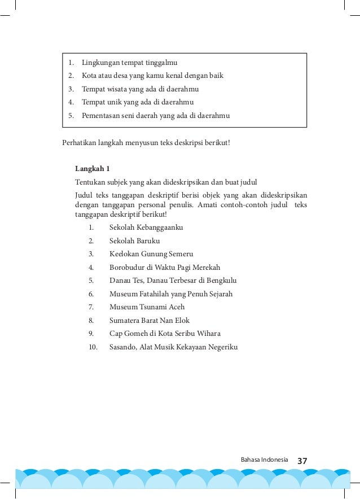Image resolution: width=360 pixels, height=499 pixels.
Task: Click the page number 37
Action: point(302,461)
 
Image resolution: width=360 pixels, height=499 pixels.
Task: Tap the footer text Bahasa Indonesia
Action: point(264,460)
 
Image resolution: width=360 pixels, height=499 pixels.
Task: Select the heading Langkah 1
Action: point(93,169)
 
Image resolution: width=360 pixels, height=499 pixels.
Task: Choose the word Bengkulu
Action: point(220,281)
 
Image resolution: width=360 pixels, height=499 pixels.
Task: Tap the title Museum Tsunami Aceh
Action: point(147,307)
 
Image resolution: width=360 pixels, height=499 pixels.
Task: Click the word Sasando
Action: point(124,347)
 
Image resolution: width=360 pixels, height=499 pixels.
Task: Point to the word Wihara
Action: point(207,334)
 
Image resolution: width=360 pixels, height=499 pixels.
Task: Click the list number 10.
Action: point(93,347)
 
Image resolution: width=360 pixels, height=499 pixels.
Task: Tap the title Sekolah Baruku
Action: point(134,241)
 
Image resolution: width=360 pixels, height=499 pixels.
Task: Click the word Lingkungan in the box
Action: point(100,62)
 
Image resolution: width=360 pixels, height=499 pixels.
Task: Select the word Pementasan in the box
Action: point(103,116)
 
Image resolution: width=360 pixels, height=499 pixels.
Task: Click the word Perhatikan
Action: point(79,142)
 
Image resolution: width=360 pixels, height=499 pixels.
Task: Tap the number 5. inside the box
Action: point(71,116)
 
